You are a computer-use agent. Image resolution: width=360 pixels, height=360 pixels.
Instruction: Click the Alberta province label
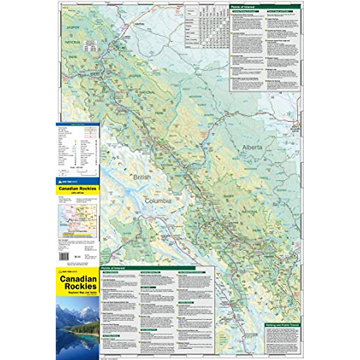tap(252, 147)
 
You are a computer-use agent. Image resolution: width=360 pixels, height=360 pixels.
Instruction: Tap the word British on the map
tap(142, 177)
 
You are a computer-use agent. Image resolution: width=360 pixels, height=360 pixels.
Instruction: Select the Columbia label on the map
tap(158, 201)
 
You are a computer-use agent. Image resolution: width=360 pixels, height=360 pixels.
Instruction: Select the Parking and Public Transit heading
tap(282, 325)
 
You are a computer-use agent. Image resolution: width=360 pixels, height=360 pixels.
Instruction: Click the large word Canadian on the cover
tap(78, 279)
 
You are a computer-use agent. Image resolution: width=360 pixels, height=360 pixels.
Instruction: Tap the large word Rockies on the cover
tap(80, 286)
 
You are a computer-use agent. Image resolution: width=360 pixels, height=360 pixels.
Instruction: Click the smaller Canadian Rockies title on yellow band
tap(77, 189)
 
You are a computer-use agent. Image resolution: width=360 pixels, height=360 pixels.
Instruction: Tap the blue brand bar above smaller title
tap(77, 181)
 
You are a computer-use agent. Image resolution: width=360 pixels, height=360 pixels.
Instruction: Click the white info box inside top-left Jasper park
tap(90, 46)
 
